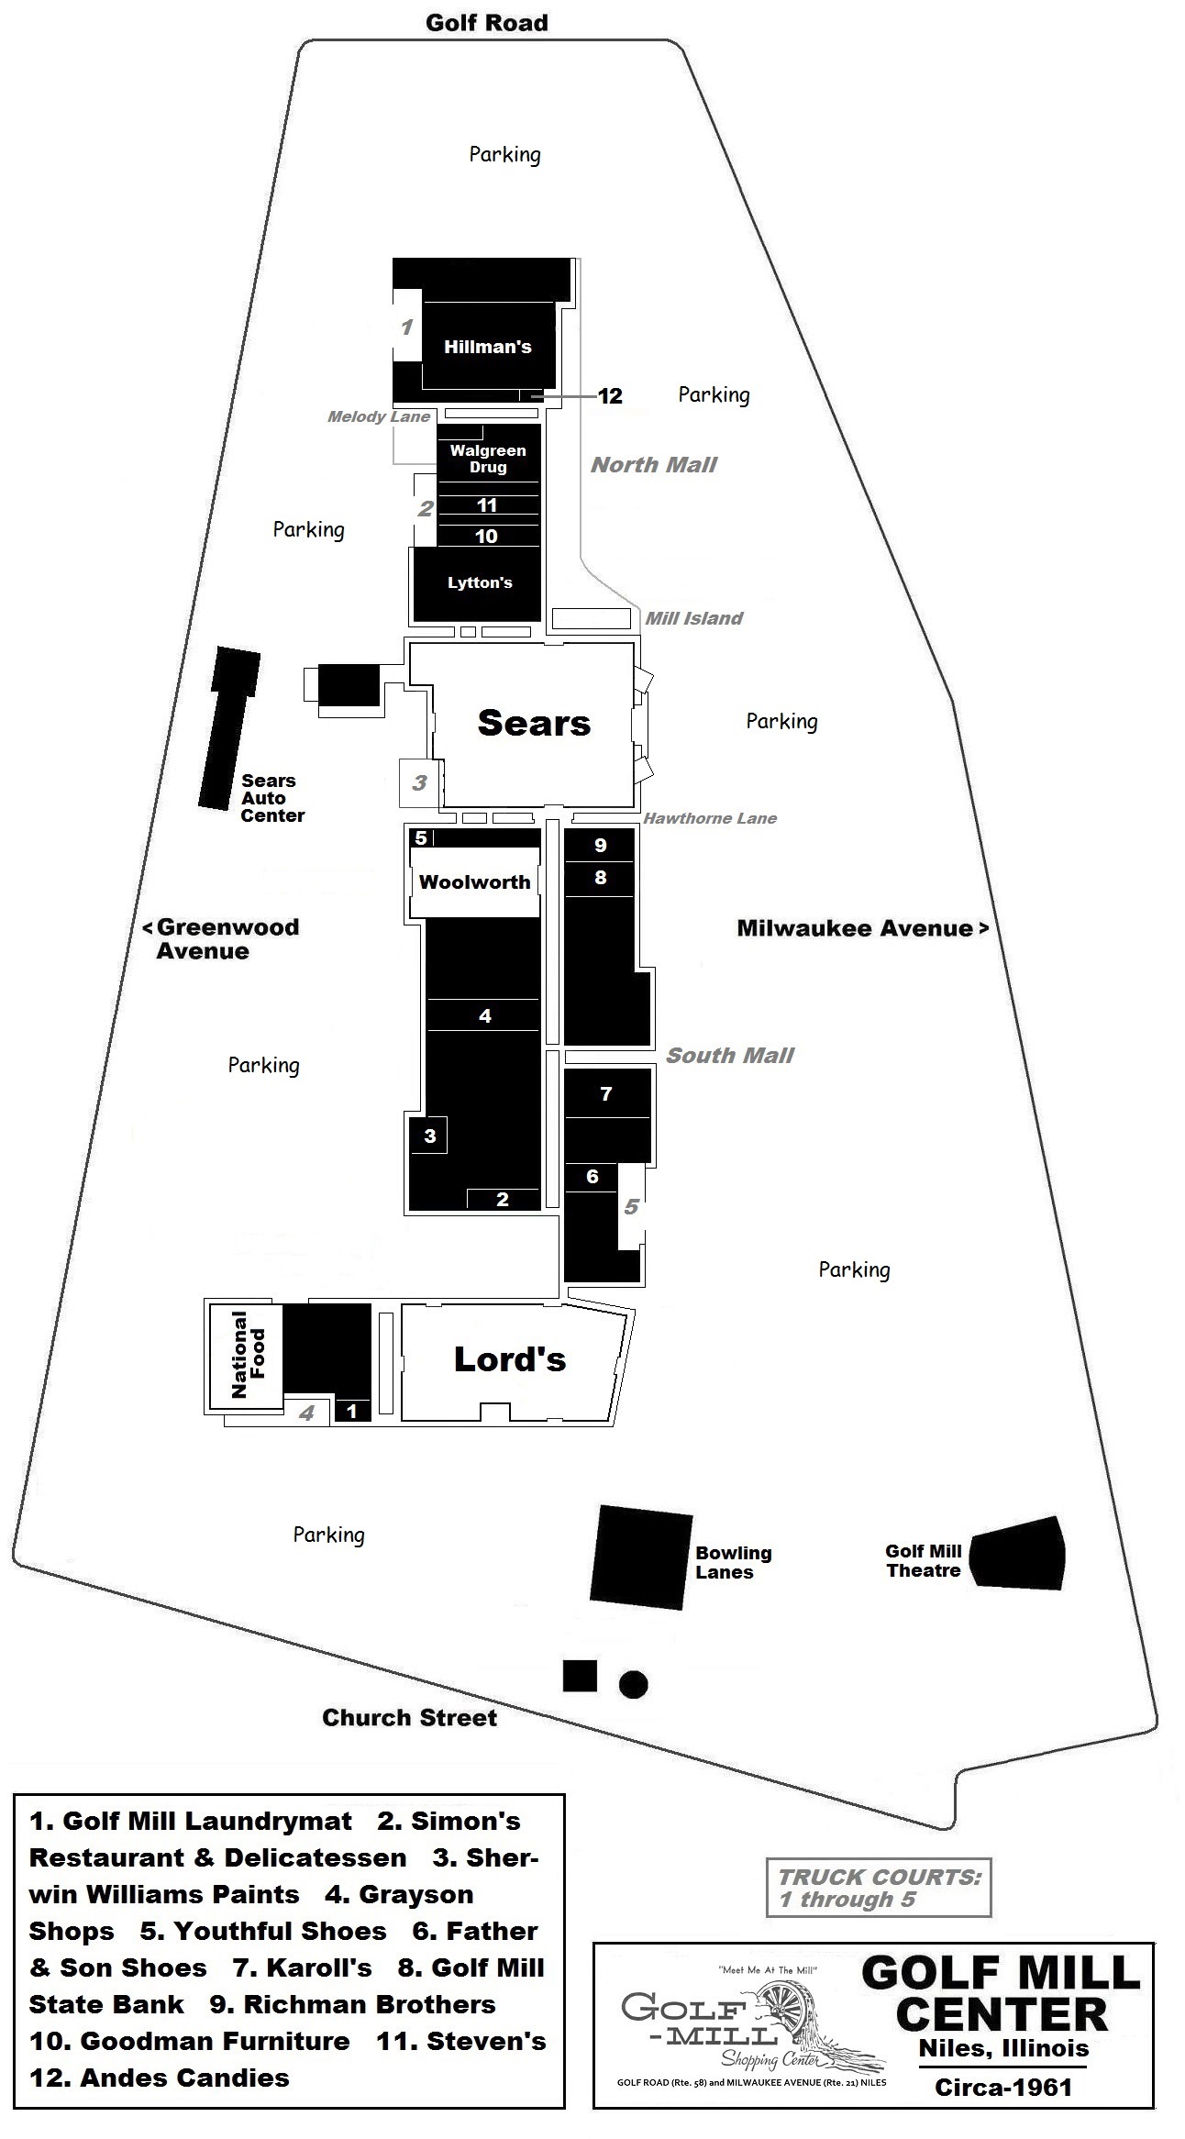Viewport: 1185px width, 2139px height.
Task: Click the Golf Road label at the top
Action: [486, 23]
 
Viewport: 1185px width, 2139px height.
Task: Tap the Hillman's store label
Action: [488, 347]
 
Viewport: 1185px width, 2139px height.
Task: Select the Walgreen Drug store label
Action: [488, 459]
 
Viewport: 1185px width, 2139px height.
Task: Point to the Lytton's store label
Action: [480, 582]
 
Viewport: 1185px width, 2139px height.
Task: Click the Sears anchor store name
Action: [534, 723]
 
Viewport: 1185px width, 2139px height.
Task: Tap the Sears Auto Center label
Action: [272, 798]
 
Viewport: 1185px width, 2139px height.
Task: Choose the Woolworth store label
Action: [474, 882]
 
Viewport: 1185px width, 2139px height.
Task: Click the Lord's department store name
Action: [510, 1358]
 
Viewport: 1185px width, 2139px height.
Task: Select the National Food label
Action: [248, 1354]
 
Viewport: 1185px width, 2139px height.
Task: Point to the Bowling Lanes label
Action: [733, 1562]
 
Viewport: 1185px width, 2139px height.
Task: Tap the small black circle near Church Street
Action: [633, 1684]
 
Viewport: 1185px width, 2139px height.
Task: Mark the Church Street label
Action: [409, 1717]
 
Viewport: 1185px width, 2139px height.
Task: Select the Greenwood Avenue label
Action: [220, 938]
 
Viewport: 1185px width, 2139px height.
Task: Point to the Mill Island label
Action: [693, 618]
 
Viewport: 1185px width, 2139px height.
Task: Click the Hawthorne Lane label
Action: [710, 818]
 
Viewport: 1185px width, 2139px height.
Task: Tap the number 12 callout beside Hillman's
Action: [610, 395]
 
